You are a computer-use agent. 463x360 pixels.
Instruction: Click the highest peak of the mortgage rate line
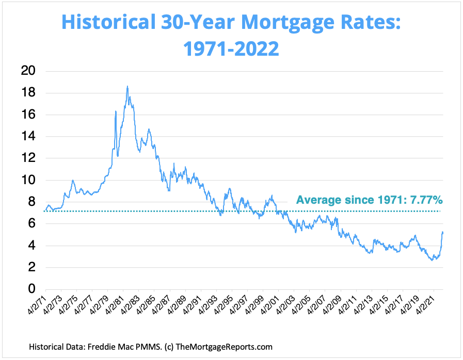coord(127,87)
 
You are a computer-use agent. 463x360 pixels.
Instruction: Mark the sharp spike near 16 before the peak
coord(116,111)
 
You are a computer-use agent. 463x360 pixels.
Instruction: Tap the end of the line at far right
coord(443,232)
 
